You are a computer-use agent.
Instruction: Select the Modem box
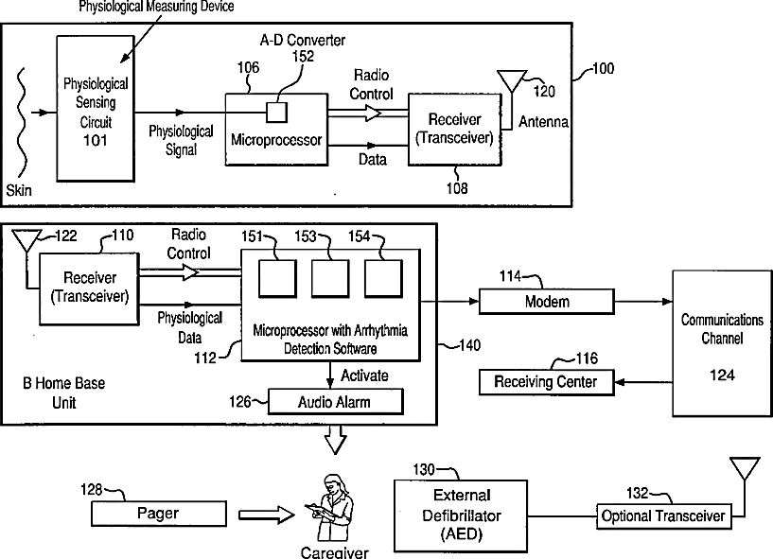tap(534, 301)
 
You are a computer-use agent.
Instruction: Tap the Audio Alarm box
tap(335, 401)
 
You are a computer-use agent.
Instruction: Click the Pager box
tap(158, 514)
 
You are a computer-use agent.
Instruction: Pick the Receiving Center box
tap(547, 381)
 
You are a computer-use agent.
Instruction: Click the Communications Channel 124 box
tap(722, 342)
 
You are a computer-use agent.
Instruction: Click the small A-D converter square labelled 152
tap(275, 112)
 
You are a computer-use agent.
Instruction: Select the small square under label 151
tap(278, 282)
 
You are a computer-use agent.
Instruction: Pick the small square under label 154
tap(383, 282)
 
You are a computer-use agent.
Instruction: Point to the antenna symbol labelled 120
tap(512, 80)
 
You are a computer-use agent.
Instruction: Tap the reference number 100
tap(602, 69)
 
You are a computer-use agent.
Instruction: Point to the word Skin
tap(19, 191)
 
